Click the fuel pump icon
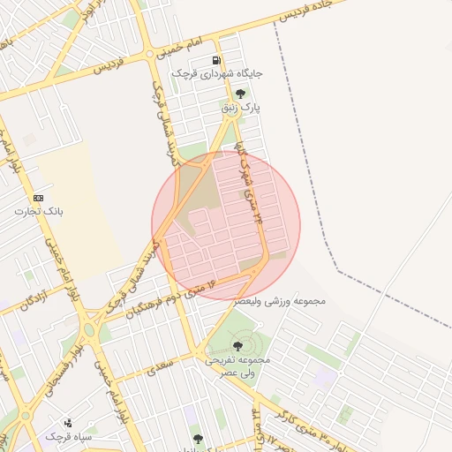pos(216,60)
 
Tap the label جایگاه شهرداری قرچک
pos(215,74)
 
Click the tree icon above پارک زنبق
pos(240,93)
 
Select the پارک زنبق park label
pos(240,107)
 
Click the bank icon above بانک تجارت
pos(38,198)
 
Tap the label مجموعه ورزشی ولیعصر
pos(280,301)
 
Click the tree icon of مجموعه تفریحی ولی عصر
pos(237,345)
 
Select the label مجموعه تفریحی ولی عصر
pos(237,366)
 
